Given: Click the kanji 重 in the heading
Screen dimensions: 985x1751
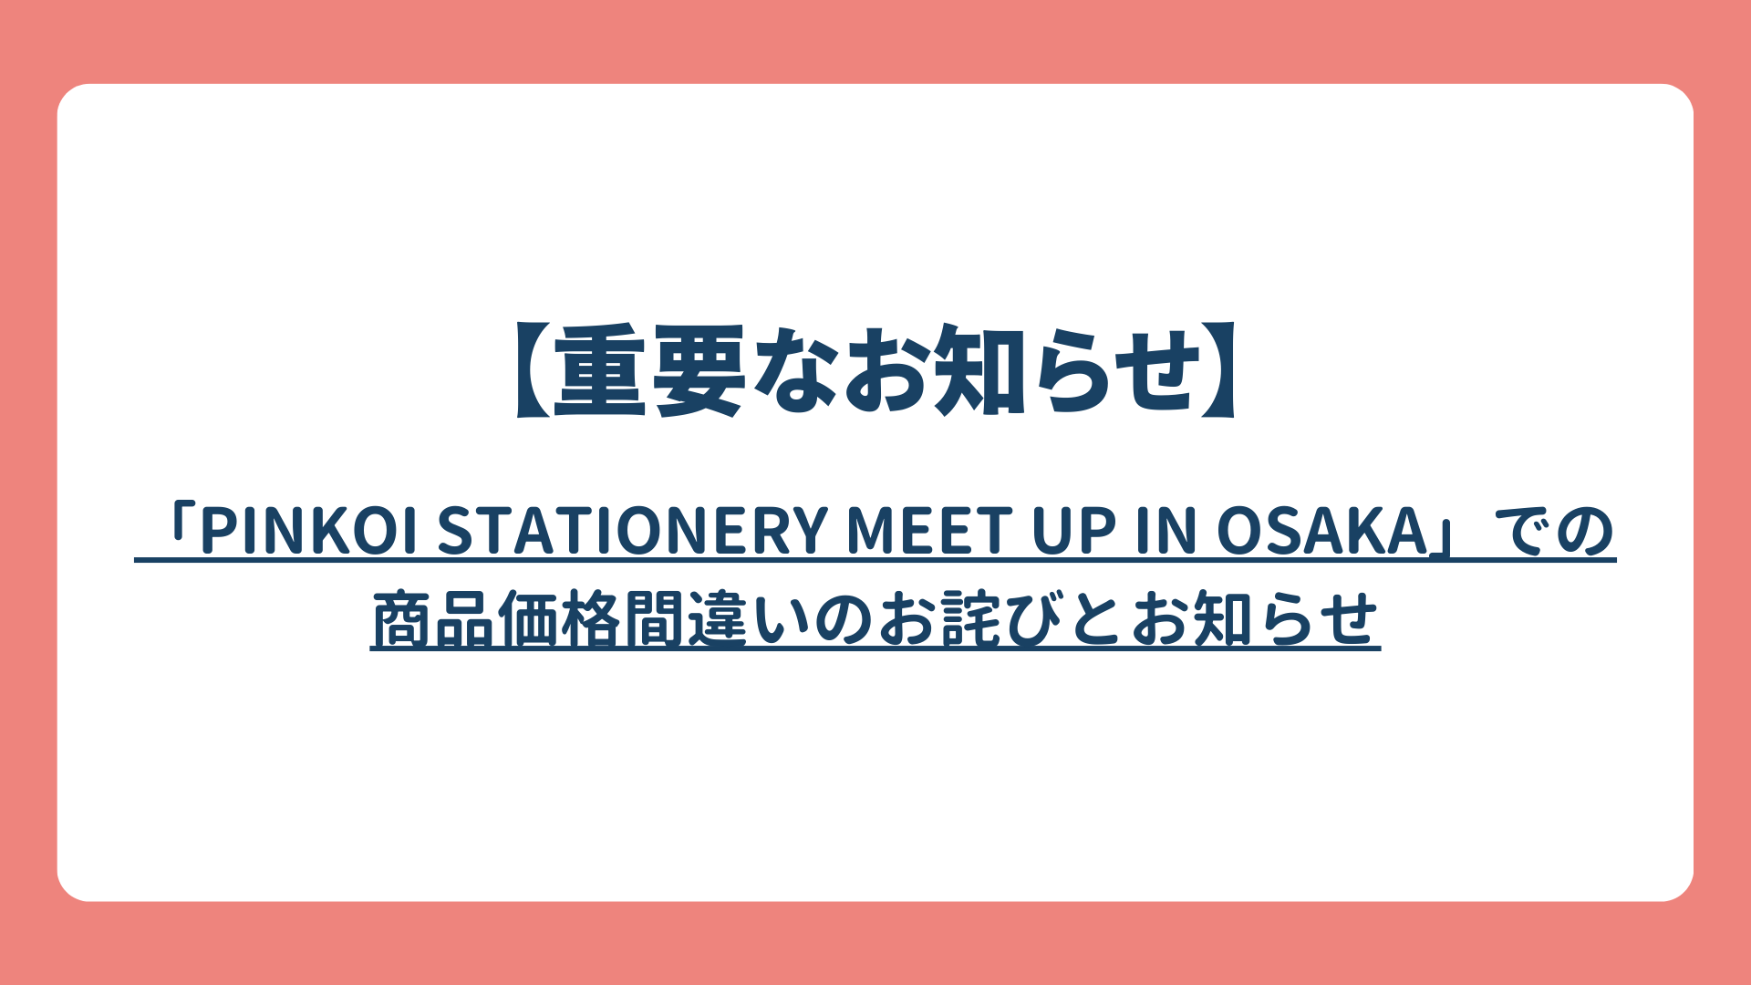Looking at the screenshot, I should point(602,371).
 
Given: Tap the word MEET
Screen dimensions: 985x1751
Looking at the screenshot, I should point(929,532).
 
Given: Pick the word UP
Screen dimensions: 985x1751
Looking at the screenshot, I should point(1073,532).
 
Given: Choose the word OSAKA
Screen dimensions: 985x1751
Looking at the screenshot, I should point(1322,532).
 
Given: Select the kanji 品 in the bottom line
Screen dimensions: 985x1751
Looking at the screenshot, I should point(465,620).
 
